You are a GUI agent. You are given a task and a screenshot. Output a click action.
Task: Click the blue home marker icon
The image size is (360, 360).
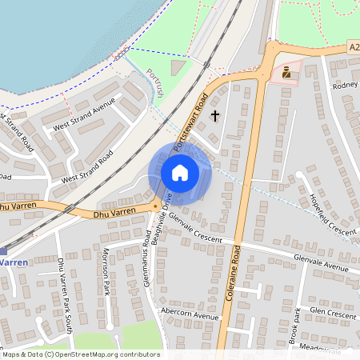(180, 173)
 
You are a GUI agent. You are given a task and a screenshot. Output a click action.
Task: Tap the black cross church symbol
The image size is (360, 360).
(214, 117)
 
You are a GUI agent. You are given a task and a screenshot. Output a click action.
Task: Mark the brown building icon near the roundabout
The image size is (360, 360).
(286, 73)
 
